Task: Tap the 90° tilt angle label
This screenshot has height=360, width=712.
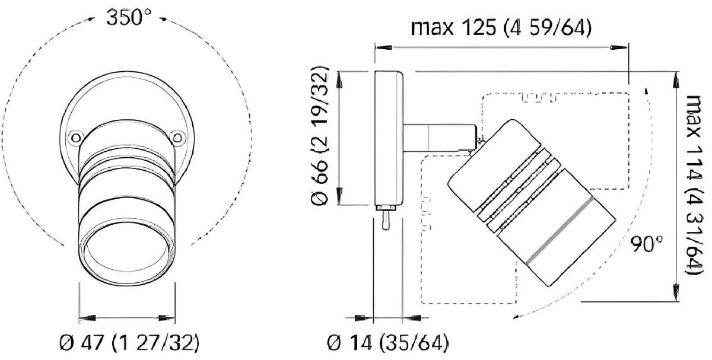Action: click(646, 244)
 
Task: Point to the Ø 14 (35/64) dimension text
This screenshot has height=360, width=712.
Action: click(387, 343)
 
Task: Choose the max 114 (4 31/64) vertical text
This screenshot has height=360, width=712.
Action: click(694, 184)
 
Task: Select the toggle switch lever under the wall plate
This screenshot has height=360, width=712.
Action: click(384, 220)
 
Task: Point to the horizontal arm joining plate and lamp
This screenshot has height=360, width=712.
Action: click(439, 136)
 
